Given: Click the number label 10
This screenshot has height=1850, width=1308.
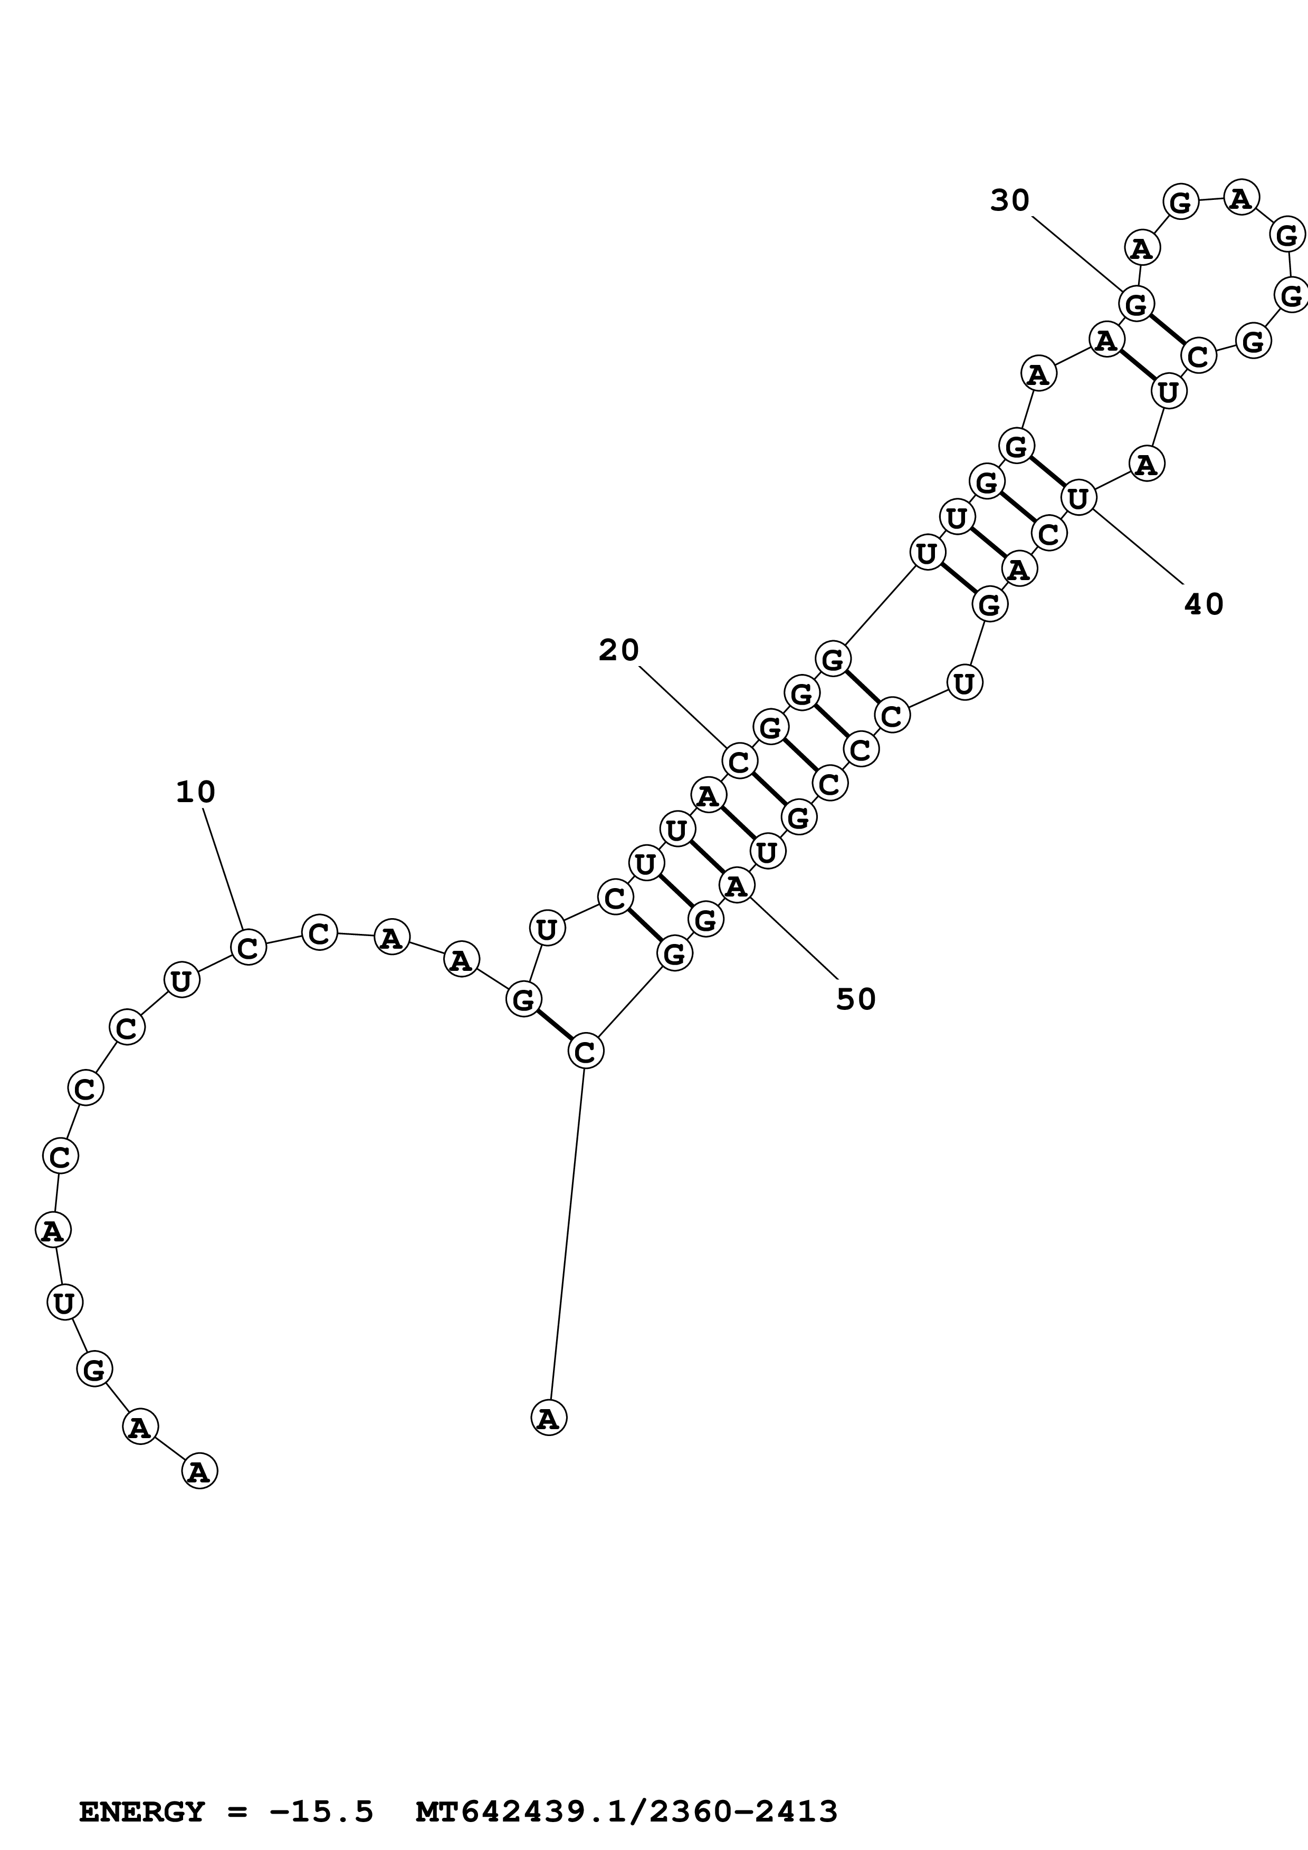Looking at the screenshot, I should (196, 792).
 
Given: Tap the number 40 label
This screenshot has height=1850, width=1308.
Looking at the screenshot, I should (1203, 604).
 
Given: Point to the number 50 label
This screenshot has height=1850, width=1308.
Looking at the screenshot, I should (856, 999).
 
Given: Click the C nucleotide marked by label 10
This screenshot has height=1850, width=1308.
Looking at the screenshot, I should (248, 947).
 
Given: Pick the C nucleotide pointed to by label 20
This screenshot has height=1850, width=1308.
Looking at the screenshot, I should (739, 760).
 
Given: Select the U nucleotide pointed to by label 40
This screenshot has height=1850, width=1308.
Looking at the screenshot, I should (1078, 498).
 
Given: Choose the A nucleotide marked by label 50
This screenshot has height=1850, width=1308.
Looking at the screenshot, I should (736, 887).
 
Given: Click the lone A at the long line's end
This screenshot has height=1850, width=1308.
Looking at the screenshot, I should (549, 1418).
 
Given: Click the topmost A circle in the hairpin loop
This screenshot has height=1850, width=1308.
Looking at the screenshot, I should (1241, 197).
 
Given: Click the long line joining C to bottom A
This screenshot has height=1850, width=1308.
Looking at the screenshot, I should (567, 1233).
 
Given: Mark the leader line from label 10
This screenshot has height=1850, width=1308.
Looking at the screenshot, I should (223, 870).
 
